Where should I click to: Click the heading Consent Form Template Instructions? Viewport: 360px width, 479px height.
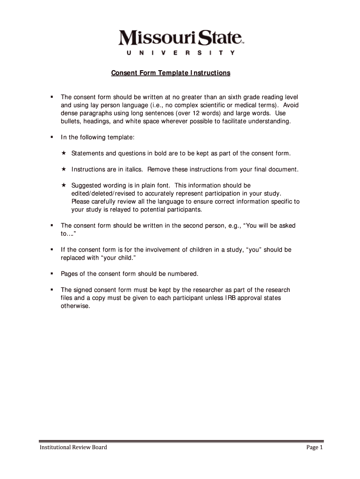(x=170, y=73)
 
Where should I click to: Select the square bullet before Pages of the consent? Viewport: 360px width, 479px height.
(x=50, y=274)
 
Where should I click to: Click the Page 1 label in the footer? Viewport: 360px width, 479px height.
(x=314, y=447)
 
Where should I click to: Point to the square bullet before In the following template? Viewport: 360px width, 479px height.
(x=50, y=138)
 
